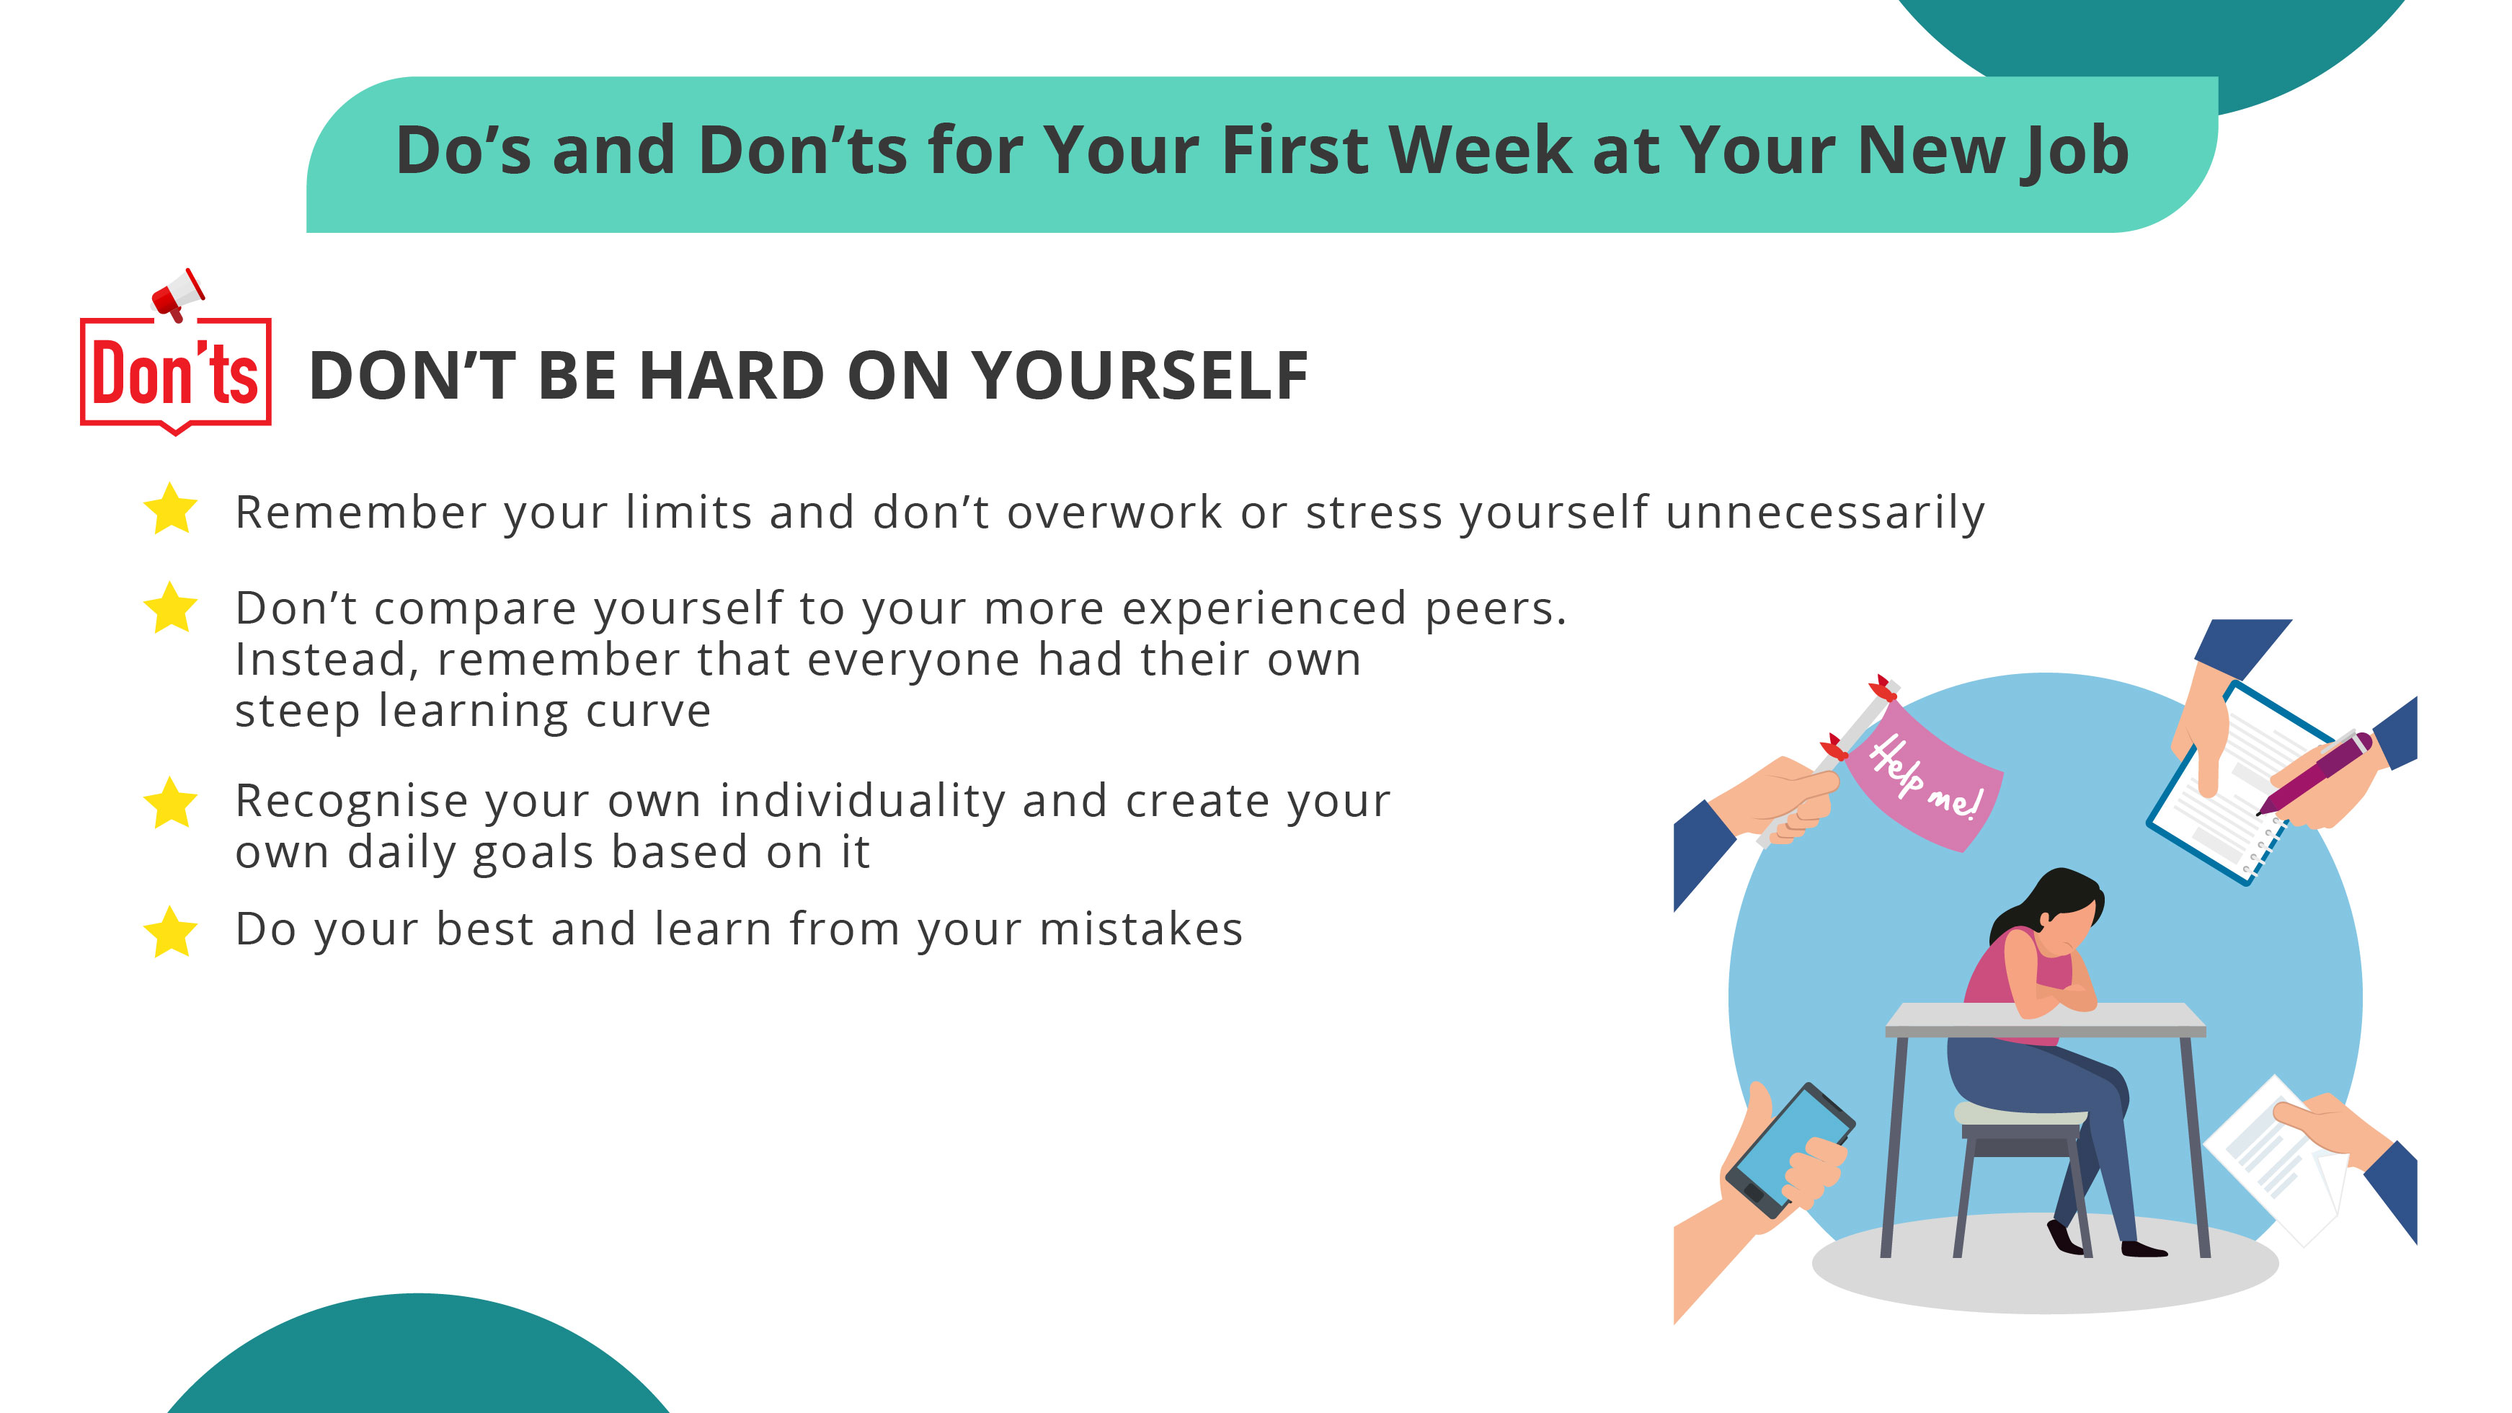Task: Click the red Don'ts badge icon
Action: (x=176, y=373)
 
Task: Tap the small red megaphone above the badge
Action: (x=179, y=293)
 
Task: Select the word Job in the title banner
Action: (x=2074, y=151)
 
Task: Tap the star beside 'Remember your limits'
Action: (x=171, y=509)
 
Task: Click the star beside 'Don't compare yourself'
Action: (x=171, y=608)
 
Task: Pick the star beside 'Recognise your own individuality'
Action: (x=171, y=802)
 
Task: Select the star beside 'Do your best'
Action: (x=171, y=931)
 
